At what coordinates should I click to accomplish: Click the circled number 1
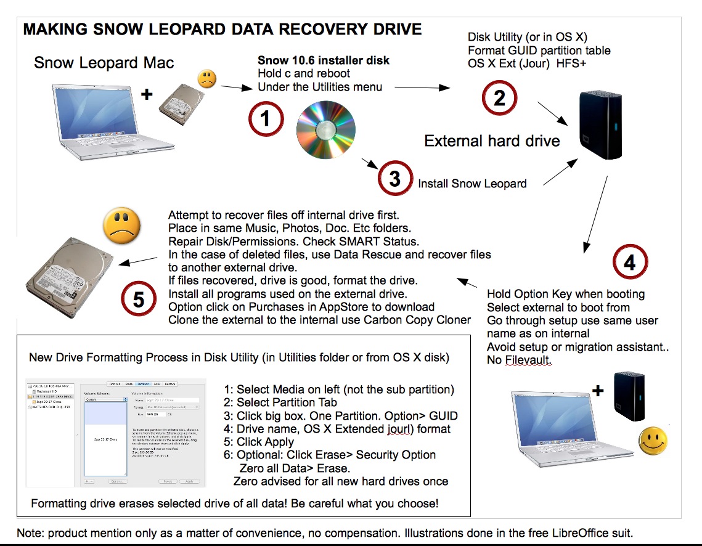click(266, 118)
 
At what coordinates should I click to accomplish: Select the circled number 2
click(499, 97)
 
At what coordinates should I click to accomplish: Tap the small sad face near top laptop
click(206, 79)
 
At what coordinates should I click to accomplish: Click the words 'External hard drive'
click(492, 141)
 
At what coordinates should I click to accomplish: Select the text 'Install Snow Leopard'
click(472, 184)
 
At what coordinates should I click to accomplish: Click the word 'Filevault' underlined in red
click(527, 360)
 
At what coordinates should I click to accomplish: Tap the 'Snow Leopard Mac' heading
click(104, 63)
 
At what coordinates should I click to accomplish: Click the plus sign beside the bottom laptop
click(598, 391)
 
